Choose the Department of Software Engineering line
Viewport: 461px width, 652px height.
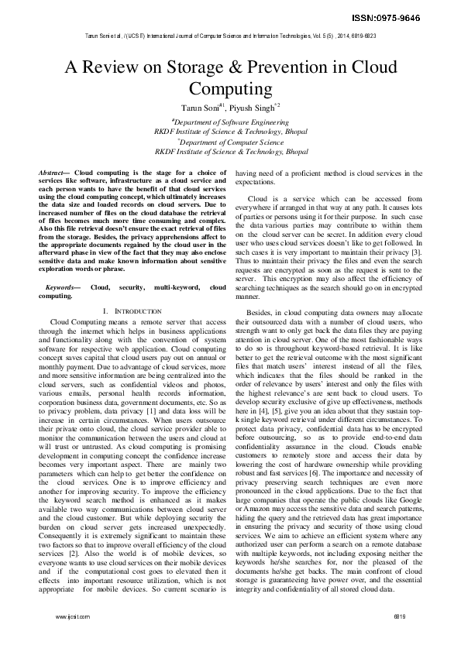(x=231, y=122)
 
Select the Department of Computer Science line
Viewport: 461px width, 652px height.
(x=231, y=142)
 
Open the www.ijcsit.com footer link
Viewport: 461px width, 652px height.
(x=72, y=638)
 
